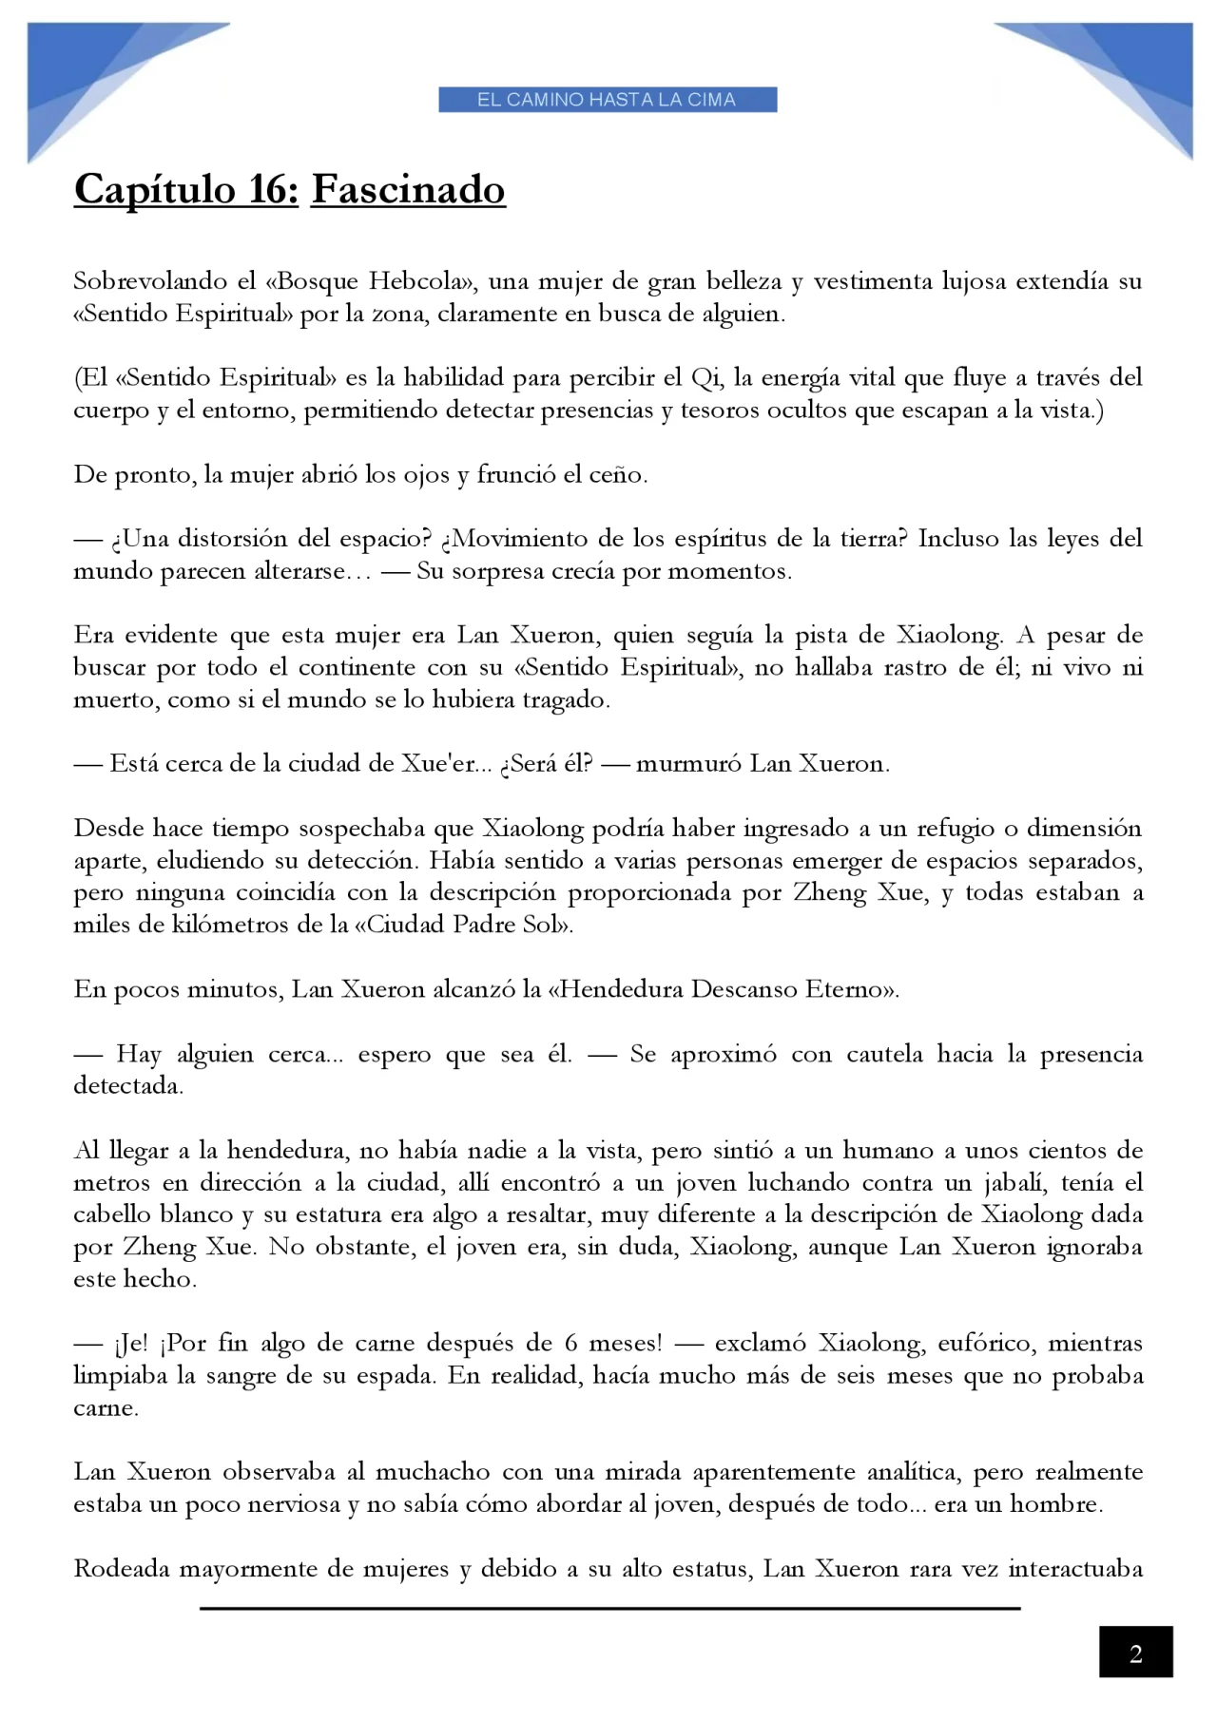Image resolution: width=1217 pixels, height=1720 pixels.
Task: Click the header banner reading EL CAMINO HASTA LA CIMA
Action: point(608,100)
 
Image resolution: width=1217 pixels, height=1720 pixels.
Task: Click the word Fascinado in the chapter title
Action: point(408,189)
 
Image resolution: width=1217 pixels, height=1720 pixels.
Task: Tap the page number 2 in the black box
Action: point(1135,1654)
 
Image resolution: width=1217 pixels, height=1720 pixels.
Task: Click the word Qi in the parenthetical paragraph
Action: point(705,378)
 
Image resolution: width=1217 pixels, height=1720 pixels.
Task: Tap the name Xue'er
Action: point(437,764)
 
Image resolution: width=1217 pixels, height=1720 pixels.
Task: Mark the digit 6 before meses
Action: point(571,1344)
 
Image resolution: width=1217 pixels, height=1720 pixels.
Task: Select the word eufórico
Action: point(985,1344)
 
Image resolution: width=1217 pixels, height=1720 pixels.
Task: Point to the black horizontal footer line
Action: point(609,1608)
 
